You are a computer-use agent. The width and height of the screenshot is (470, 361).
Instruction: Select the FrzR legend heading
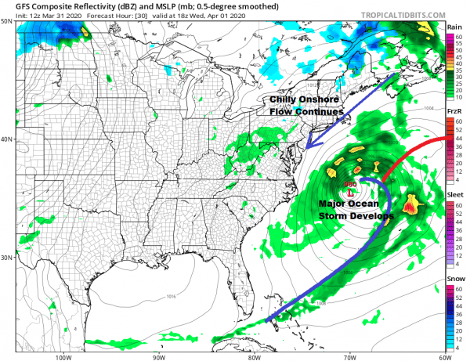[453, 112]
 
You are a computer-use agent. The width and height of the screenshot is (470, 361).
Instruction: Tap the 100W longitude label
[64, 357]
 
